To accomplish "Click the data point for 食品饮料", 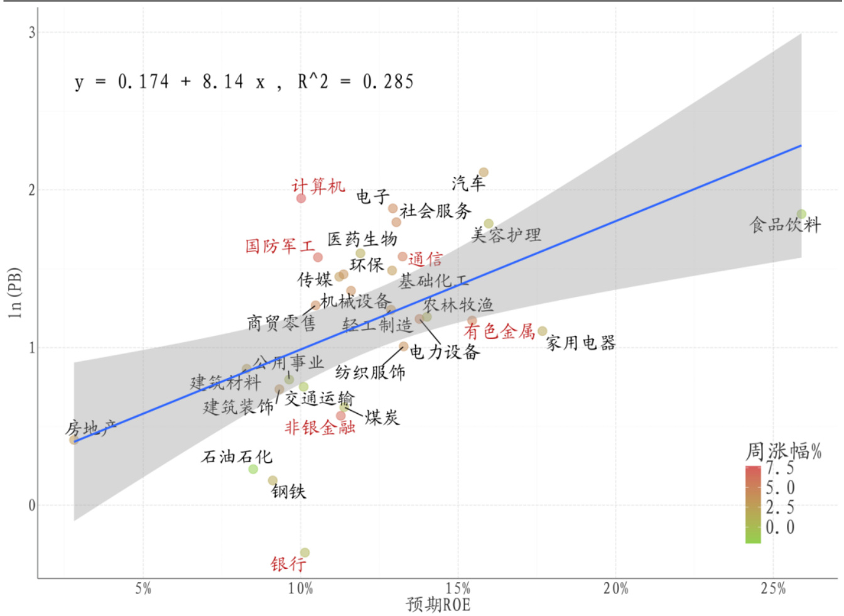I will [x=801, y=214].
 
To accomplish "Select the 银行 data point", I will [x=305, y=553].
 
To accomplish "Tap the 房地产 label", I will [x=91, y=429].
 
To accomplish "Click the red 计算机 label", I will [x=318, y=186].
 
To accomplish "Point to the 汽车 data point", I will [x=484, y=172].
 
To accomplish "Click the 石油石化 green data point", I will [x=253, y=469].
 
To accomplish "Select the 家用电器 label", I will [x=580, y=343].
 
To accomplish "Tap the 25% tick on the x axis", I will [x=773, y=589].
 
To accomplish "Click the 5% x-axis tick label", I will [x=143, y=589].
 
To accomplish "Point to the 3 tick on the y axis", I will [x=31, y=33].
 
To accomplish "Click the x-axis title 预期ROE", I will [x=438, y=605].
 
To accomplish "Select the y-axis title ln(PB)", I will [x=15, y=293].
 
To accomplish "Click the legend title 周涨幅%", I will [x=783, y=451].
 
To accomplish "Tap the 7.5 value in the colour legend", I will [x=779, y=468].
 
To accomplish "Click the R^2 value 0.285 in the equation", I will [x=388, y=82].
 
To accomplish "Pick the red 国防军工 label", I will [x=280, y=246].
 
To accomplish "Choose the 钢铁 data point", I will [x=273, y=481].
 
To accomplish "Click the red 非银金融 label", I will [x=320, y=428].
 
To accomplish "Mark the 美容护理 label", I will [x=506, y=235].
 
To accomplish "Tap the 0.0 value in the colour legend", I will [x=779, y=527].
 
